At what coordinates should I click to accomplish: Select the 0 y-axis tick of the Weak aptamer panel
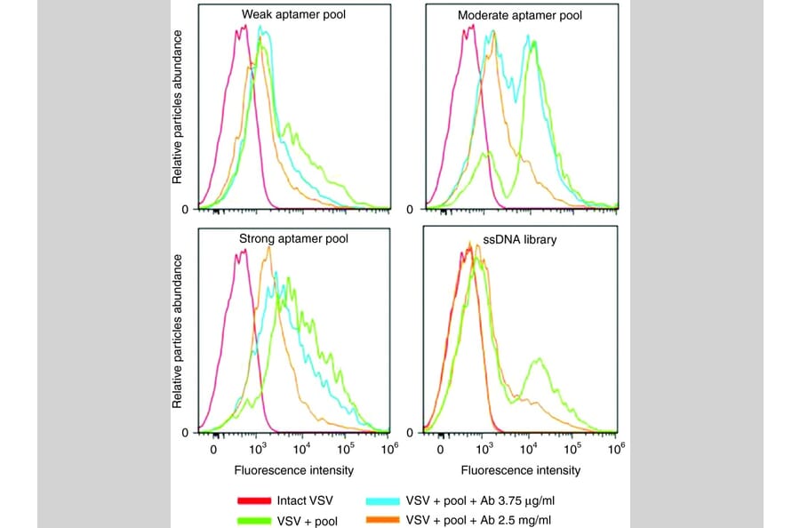[x=186, y=210]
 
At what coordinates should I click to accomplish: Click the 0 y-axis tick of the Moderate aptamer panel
[x=410, y=210]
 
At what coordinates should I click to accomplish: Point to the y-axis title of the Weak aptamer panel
[x=178, y=107]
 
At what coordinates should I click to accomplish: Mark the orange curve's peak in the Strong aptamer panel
[x=268, y=248]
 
